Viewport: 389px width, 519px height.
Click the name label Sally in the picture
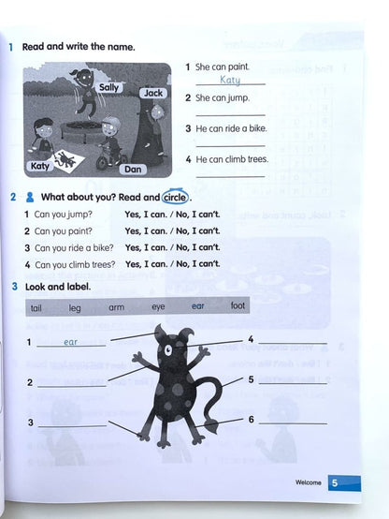109,86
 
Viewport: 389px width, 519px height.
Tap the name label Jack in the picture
153,93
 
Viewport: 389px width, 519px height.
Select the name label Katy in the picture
39,166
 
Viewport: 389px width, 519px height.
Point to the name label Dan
134,169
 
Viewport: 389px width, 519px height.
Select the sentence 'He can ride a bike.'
228,128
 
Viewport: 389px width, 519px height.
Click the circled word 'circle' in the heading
174,198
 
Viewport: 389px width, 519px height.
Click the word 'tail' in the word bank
36,306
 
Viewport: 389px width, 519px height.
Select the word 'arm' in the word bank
116,306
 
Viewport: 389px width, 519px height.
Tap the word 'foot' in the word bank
238,305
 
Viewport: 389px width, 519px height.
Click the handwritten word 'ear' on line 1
70,342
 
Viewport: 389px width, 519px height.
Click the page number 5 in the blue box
335,483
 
